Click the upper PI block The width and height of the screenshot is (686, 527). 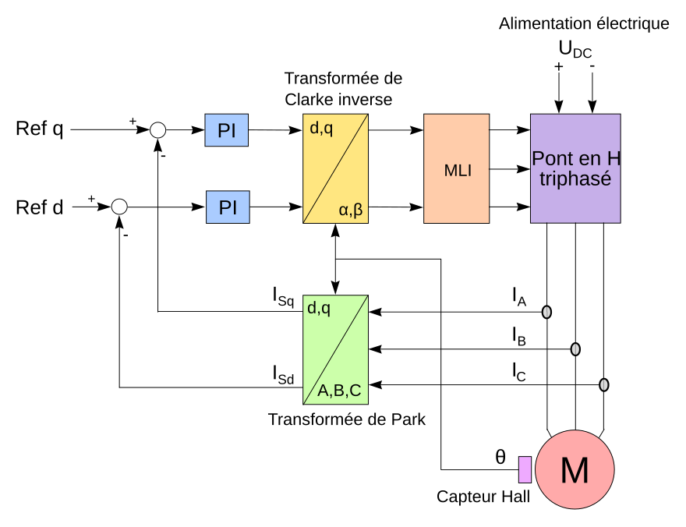pyautogui.click(x=226, y=130)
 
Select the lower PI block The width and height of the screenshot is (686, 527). pyautogui.click(x=228, y=207)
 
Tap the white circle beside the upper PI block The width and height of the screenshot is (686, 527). pyautogui.click(x=157, y=130)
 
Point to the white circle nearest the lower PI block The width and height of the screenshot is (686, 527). pyautogui.click(x=119, y=207)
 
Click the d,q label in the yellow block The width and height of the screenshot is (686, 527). pyautogui.click(x=321, y=129)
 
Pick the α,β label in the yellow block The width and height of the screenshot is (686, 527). pyautogui.click(x=351, y=210)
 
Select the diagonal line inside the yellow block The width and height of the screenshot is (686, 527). pyautogui.click(x=335, y=168)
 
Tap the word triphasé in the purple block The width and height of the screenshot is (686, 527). pyautogui.click(x=575, y=179)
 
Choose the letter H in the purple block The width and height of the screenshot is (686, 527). pyautogui.click(x=614, y=158)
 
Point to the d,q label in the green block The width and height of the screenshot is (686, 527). pyautogui.click(x=319, y=308)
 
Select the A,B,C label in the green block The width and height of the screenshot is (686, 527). pyautogui.click(x=339, y=391)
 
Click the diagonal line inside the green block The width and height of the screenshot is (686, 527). pyautogui.click(x=335, y=349)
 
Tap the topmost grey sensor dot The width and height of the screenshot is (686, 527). pyautogui.click(x=546, y=312)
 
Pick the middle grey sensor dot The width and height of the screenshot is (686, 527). pyautogui.click(x=575, y=349)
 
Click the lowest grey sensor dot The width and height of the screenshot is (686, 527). pyautogui.click(x=604, y=385)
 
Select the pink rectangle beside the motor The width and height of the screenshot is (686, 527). pyautogui.click(x=525, y=469)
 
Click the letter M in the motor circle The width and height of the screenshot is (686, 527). pyautogui.click(x=575, y=470)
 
